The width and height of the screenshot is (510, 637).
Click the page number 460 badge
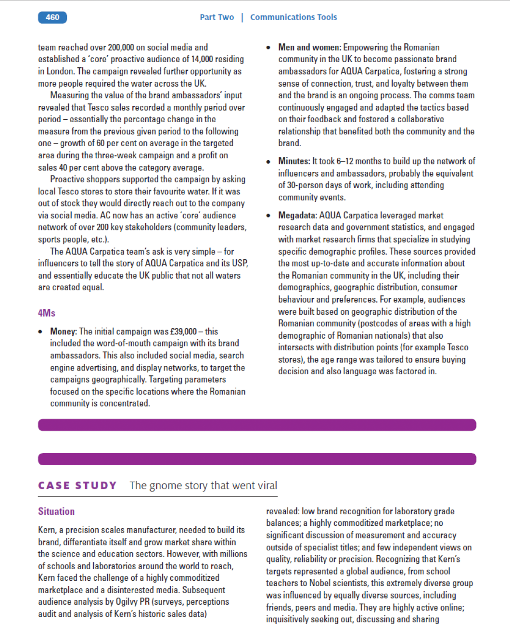(x=52, y=17)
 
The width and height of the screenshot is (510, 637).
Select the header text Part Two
(x=217, y=17)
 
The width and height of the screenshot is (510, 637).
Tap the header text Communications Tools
(x=293, y=17)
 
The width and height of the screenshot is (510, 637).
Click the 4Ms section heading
(x=47, y=313)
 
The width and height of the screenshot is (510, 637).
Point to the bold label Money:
(x=64, y=331)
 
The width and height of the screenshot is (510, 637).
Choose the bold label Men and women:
(x=309, y=47)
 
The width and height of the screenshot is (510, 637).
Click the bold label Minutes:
(x=294, y=161)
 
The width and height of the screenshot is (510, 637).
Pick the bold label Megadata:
(x=297, y=215)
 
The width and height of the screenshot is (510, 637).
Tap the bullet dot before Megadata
(x=268, y=216)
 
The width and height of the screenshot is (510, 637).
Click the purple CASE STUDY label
(x=77, y=485)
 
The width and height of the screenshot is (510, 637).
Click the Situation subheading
(x=56, y=511)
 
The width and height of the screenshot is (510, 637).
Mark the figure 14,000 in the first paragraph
(x=202, y=59)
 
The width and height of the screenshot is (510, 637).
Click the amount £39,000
(x=183, y=331)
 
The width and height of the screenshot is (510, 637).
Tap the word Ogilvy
(x=127, y=602)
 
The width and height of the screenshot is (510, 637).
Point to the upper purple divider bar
(x=257, y=425)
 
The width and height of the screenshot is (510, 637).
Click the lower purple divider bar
(x=257, y=459)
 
